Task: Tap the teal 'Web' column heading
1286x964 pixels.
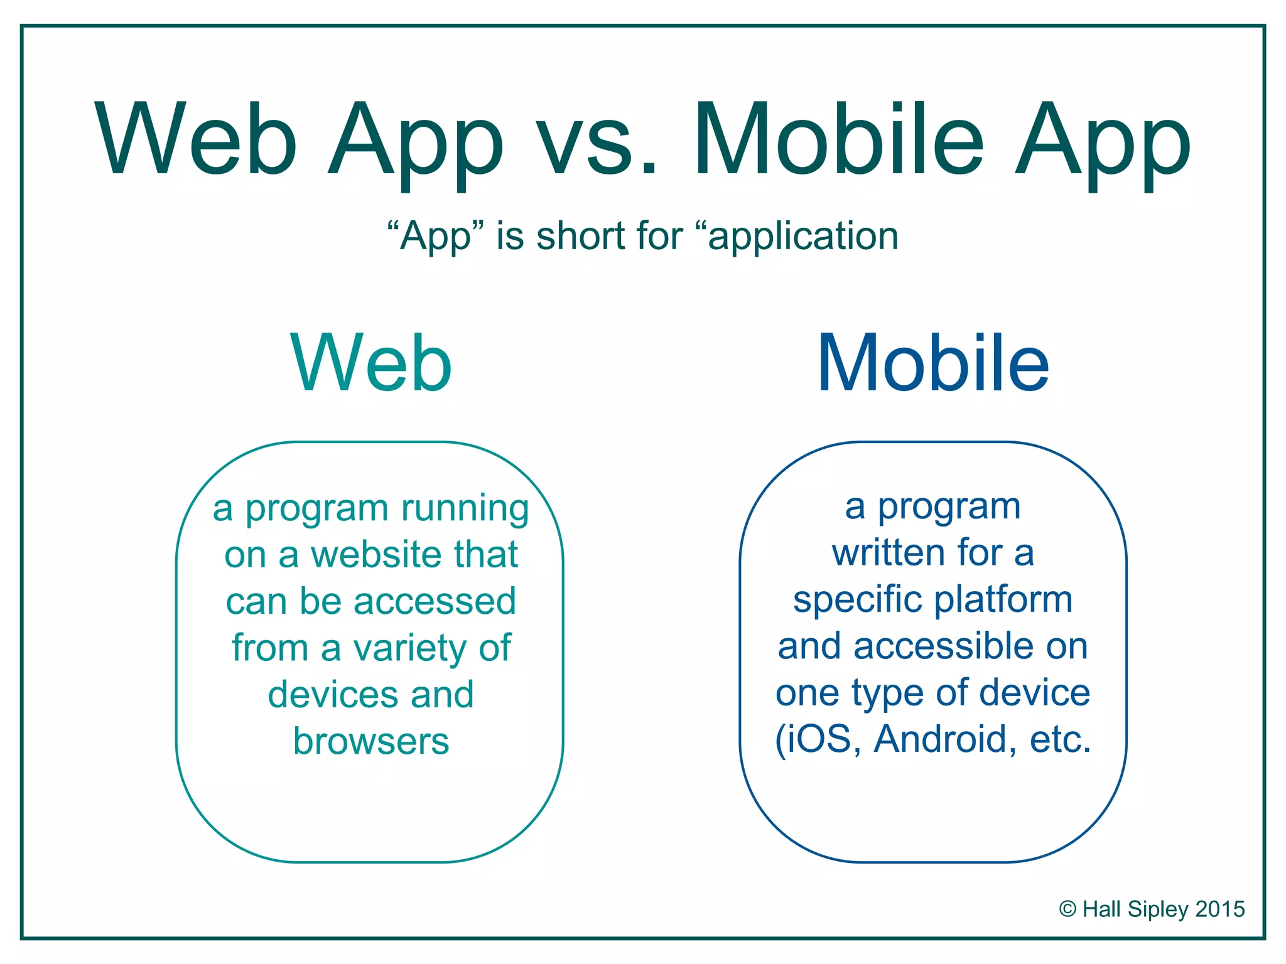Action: pyautogui.click(x=371, y=364)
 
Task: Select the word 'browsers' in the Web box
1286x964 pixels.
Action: pyautogui.click(x=371, y=741)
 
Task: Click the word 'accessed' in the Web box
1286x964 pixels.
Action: pyautogui.click(x=435, y=601)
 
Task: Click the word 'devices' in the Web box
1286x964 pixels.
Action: pyautogui.click(x=333, y=695)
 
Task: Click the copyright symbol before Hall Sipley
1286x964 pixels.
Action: pyautogui.click(x=1067, y=909)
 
